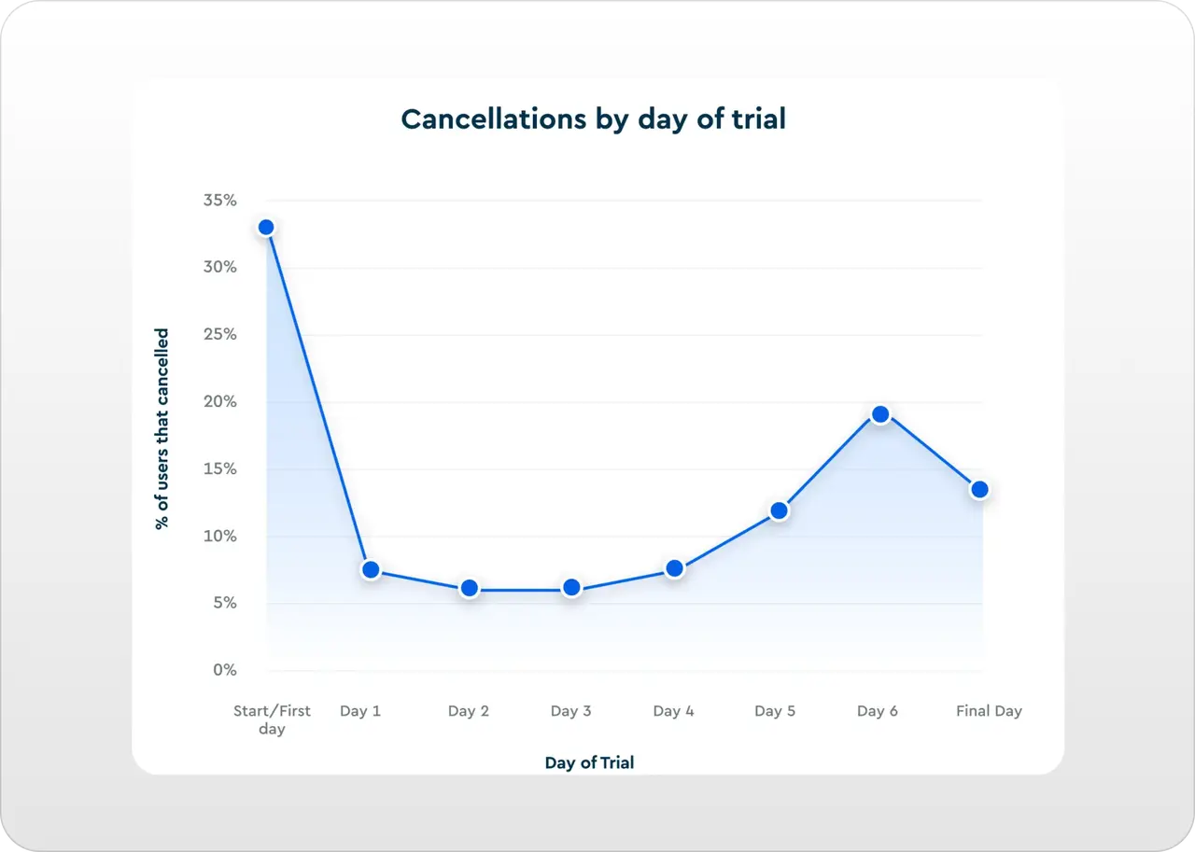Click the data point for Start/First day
point(266,227)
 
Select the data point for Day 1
point(371,569)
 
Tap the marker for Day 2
point(470,588)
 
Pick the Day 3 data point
point(571,587)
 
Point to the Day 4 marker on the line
point(675,568)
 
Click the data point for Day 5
point(779,510)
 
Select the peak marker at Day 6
point(879,414)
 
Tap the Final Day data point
point(979,489)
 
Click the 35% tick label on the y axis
point(220,201)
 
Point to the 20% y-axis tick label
point(220,402)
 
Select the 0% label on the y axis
point(224,670)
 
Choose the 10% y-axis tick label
point(220,537)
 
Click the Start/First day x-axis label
point(272,719)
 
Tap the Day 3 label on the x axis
point(570,711)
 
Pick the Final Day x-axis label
point(989,711)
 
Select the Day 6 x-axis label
point(878,711)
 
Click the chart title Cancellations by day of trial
point(594,119)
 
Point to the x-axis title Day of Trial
point(589,763)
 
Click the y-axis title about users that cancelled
point(162,429)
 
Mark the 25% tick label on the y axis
point(220,335)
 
